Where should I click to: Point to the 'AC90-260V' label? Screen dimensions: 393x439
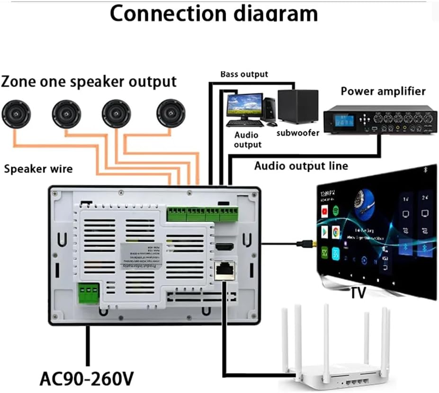[x=87, y=378]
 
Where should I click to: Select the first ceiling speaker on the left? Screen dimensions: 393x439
[x=16, y=114]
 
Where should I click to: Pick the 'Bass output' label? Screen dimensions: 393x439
[x=244, y=74]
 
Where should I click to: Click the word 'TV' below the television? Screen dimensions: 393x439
[x=358, y=293]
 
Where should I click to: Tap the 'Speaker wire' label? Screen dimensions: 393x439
[x=38, y=168]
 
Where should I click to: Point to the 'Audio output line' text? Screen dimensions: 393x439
[x=301, y=166]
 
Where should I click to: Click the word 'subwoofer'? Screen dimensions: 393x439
[x=298, y=133]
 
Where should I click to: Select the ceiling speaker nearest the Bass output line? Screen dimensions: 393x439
[x=170, y=114]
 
